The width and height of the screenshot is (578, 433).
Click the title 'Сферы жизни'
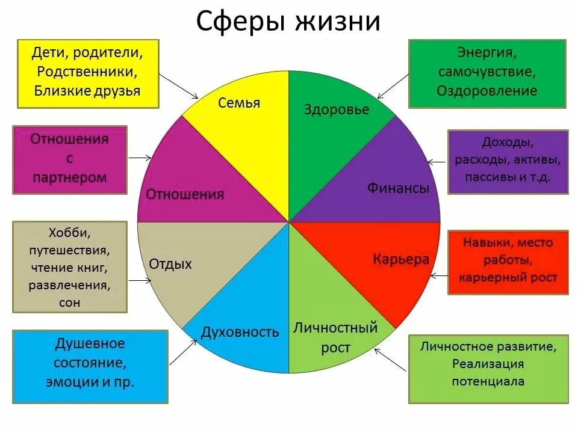(288, 22)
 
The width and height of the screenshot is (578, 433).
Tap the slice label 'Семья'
(240, 103)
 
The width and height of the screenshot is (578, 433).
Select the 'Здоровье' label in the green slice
(337, 109)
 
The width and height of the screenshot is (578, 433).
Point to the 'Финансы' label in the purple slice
(398, 188)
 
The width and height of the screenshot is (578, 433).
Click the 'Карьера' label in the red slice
(401, 259)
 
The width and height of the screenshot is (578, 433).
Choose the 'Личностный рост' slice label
(335, 337)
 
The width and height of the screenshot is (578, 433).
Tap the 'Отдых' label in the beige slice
(170, 263)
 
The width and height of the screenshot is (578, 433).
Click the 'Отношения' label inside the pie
(185, 194)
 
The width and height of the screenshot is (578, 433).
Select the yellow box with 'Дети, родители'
(88, 72)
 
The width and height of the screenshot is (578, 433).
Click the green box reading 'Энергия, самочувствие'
(487, 73)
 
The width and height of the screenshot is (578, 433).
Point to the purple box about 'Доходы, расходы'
(508, 161)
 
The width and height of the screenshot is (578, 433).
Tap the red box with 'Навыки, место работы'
(508, 262)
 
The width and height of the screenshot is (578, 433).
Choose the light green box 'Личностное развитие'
(488, 369)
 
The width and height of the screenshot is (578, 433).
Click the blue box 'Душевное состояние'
(90, 366)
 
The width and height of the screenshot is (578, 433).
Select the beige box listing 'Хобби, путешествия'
(70, 267)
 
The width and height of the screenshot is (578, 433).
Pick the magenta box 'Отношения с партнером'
(70, 159)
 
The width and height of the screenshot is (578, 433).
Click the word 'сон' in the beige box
(70, 302)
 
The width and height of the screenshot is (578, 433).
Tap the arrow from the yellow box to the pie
(180, 86)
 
